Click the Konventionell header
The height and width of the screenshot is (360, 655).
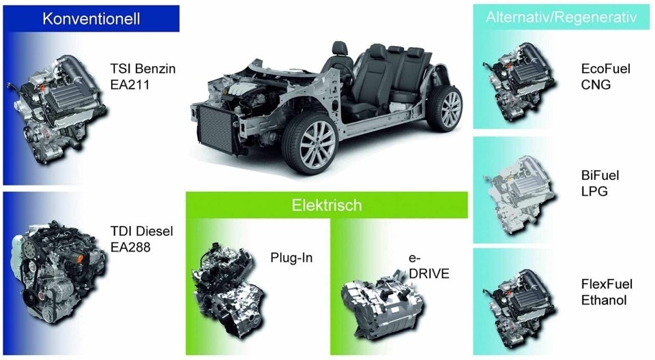pyautogui.click(x=91, y=19)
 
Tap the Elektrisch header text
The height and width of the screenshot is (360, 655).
pyautogui.click(x=327, y=205)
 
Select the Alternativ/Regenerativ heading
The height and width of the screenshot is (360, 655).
pyautogui.click(x=561, y=17)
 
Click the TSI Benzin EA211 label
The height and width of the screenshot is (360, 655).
pyautogui.click(x=143, y=76)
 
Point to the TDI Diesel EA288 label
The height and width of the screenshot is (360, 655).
pyautogui.click(x=142, y=239)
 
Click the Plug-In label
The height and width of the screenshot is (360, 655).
pyautogui.click(x=291, y=258)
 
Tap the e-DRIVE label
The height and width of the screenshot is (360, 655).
pyautogui.click(x=428, y=266)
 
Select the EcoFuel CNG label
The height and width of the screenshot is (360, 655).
pyautogui.click(x=605, y=76)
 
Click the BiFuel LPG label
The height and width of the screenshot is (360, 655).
pyautogui.click(x=600, y=183)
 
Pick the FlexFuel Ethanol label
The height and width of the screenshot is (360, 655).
pyautogui.click(x=607, y=292)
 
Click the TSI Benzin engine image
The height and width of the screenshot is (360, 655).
pyautogui.click(x=57, y=108)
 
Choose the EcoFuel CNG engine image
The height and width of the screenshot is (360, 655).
pyautogui.click(x=524, y=81)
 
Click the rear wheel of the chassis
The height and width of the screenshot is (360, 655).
pyautogui.click(x=444, y=108)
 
